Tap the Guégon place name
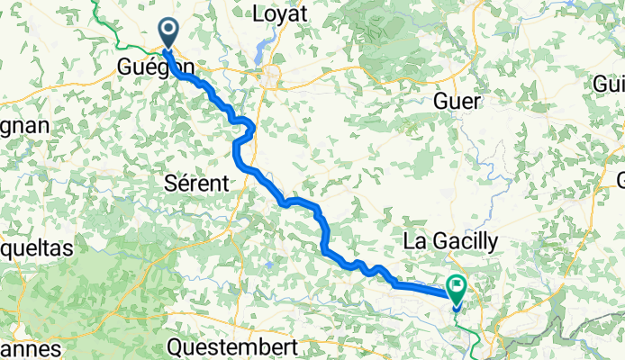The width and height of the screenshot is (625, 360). pyautogui.click(x=155, y=67)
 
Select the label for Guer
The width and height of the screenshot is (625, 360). pyautogui.click(x=457, y=100)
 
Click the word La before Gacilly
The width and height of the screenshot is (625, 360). pyautogui.click(x=414, y=240)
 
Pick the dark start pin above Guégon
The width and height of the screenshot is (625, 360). pyautogui.click(x=168, y=32)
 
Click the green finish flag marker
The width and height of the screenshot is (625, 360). pyautogui.click(x=456, y=289)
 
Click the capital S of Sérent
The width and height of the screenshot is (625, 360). pyautogui.click(x=172, y=183)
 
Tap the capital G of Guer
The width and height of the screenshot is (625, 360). pyautogui.click(x=441, y=100)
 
